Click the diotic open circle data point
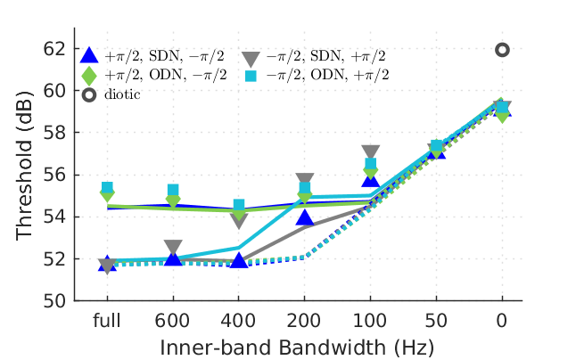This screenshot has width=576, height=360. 502,50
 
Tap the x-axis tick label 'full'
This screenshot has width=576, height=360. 107,320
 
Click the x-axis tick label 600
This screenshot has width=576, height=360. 173,320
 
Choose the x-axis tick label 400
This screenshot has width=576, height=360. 239,320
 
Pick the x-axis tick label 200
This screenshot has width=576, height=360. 305,320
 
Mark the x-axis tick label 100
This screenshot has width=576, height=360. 371,320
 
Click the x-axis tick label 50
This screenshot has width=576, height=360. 436,320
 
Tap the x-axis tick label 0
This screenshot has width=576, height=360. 502,320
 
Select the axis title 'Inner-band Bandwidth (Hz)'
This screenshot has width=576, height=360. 305,344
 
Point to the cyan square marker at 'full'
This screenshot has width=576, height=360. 107,188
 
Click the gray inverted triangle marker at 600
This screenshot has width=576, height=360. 173,248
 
